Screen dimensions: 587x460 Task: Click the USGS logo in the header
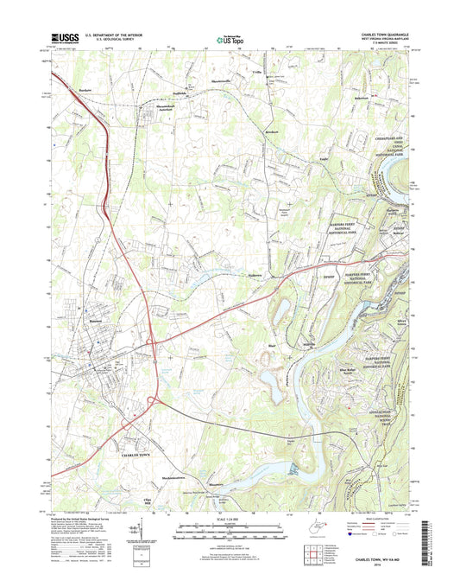(x=67, y=37)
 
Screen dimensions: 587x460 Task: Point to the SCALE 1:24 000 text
(x=230, y=519)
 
